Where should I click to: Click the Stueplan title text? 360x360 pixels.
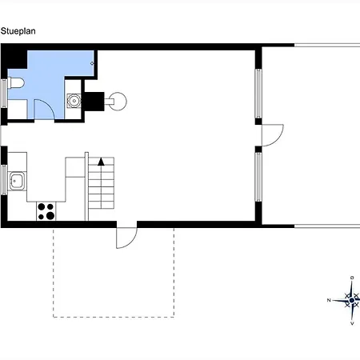tap(18, 31)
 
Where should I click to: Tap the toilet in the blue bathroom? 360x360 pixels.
tap(16, 82)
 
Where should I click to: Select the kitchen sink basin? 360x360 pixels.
tap(18, 181)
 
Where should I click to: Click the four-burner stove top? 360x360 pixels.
tap(46, 211)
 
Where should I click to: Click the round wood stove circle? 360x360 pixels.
tap(118, 102)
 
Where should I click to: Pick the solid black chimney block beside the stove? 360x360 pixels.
tap(93, 102)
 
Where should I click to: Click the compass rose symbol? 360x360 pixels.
tap(350, 301)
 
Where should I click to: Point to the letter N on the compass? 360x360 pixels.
tap(329, 300)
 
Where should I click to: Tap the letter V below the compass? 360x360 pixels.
tap(352, 324)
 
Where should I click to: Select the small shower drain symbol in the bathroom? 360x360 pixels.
tap(92, 63)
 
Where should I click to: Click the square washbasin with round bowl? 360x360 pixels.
tap(74, 101)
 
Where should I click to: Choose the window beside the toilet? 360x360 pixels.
tap(3, 94)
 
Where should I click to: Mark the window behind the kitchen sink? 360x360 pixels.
tap(4, 180)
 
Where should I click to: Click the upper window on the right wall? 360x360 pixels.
tap(258, 94)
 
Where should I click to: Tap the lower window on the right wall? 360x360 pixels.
tap(258, 177)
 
